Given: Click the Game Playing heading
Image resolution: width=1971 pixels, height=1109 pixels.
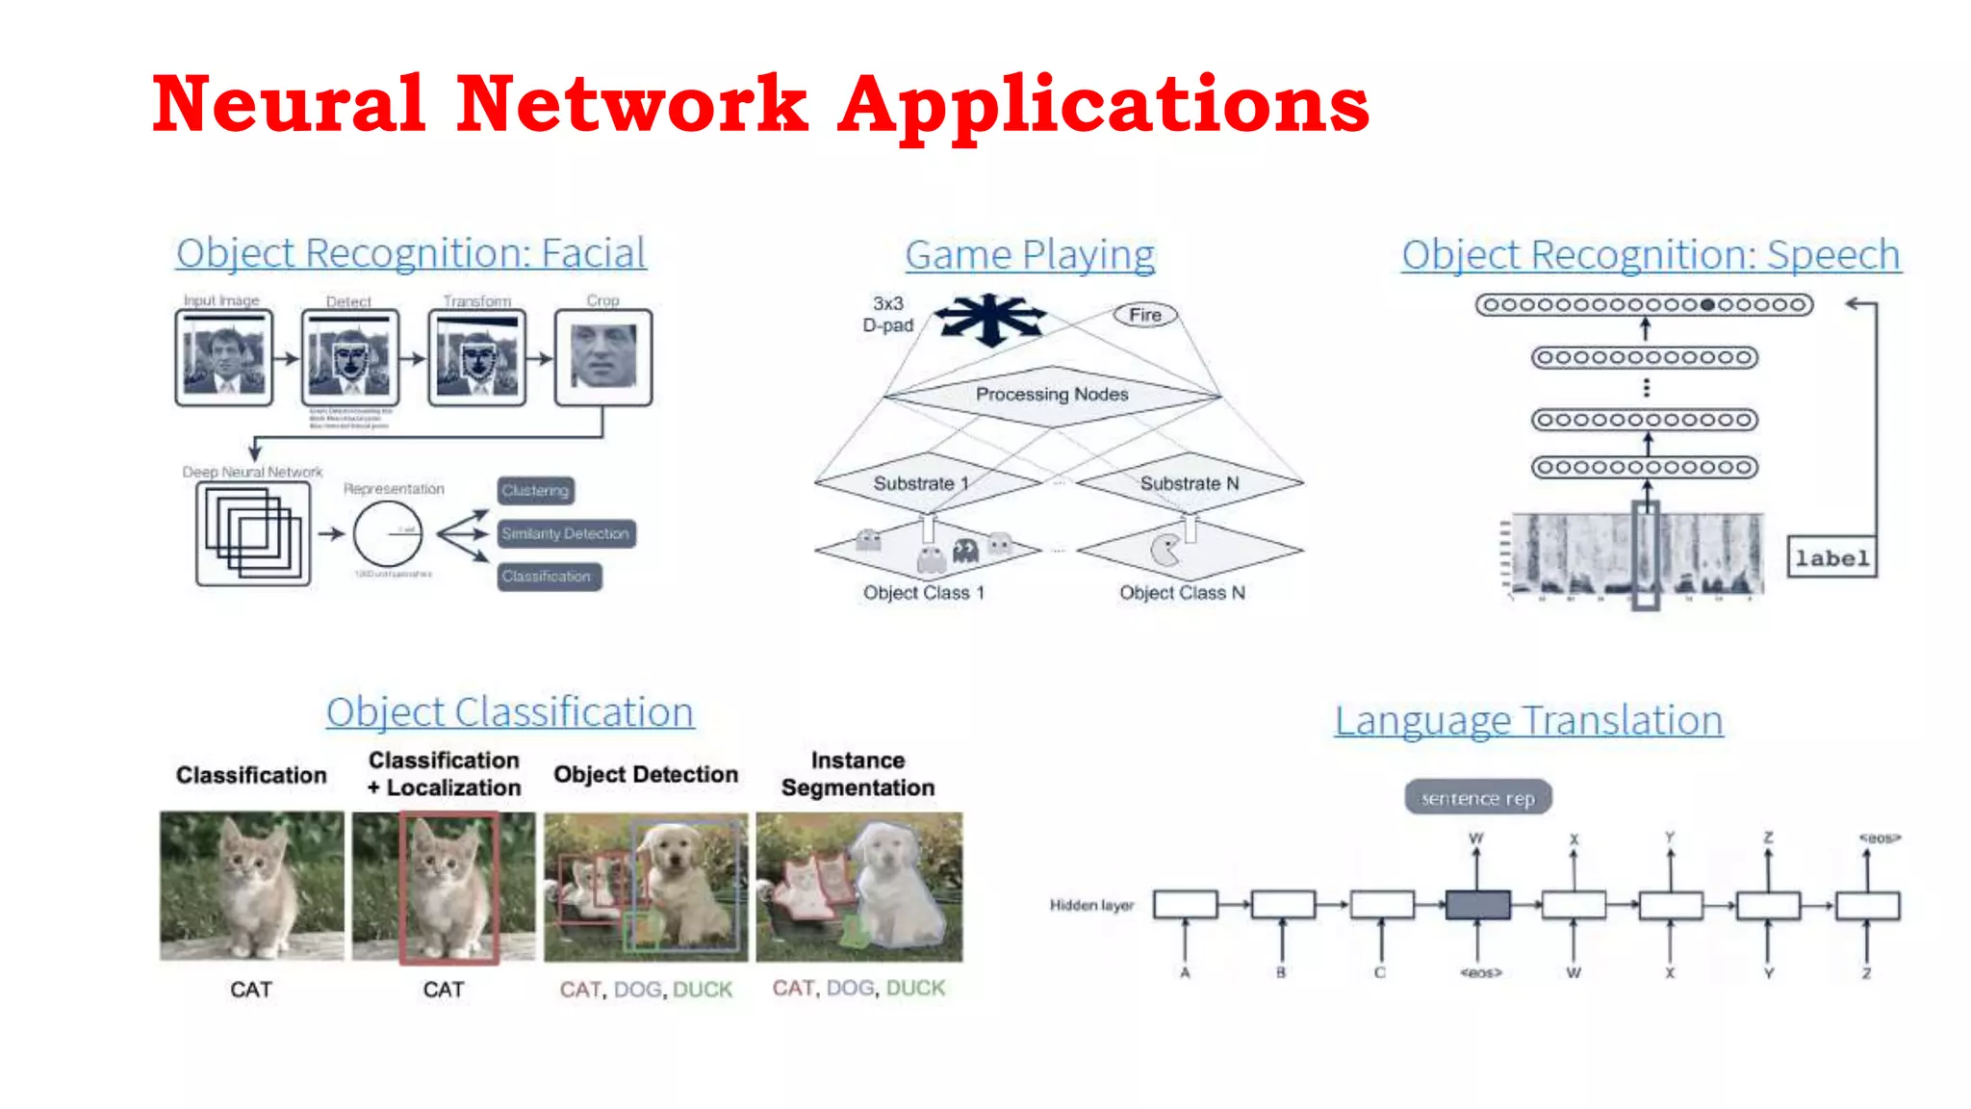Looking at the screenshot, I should coord(1030,255).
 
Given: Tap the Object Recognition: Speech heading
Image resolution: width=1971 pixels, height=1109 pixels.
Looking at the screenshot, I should coord(1651,255).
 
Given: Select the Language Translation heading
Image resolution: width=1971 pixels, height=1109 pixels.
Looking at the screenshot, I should coord(1528,720).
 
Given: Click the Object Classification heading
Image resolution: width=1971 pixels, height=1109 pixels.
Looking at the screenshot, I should coord(509,712).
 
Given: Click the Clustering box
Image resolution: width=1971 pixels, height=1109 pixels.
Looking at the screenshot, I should coord(536,491).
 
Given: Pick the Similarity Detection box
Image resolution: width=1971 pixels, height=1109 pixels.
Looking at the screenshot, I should coord(566,533).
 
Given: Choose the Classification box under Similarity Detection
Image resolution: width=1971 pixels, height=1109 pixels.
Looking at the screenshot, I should coord(549,577).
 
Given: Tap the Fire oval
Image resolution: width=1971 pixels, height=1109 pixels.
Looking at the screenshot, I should coord(1144,315).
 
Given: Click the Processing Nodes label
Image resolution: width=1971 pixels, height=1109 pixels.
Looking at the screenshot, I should coord(1052,395).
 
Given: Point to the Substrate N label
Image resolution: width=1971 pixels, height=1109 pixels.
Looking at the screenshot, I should coord(1190,483).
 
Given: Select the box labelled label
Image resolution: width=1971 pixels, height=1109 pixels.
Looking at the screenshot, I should coord(1831,558).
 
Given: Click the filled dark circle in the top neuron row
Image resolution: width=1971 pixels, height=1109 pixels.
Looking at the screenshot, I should coord(1707,305).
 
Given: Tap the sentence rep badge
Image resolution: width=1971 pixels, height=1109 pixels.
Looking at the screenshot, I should coord(1477,798).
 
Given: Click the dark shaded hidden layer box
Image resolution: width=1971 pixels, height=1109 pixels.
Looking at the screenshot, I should coord(1477,905).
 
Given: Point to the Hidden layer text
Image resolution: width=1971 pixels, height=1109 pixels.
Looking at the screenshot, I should coord(1091,905).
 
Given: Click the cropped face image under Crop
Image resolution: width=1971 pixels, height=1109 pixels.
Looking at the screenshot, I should coord(603,356).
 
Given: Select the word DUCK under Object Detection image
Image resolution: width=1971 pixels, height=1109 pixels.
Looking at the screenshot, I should coord(703,990).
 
